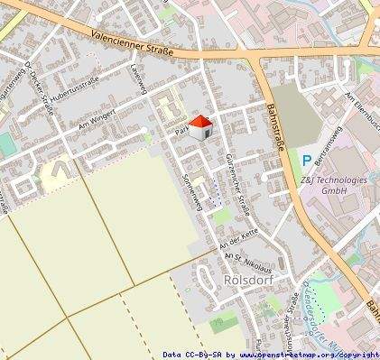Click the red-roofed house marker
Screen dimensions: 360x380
(x=200, y=127)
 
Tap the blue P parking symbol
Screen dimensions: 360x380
(x=307, y=161)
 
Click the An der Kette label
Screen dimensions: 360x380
(x=238, y=237)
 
